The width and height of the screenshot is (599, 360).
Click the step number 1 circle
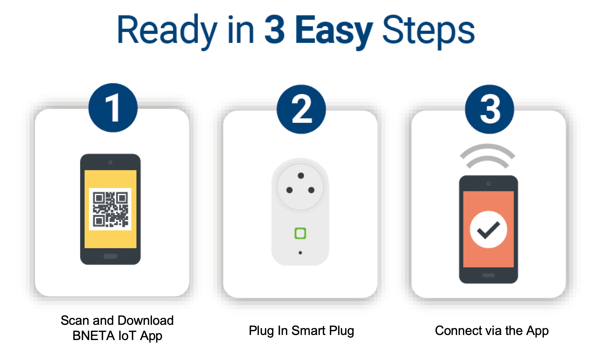(113, 108)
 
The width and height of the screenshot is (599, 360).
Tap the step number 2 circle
(301, 109)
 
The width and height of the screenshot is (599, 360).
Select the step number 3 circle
(489, 109)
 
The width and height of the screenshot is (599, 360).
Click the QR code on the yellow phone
(110, 209)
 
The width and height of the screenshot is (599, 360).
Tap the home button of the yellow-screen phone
(110, 256)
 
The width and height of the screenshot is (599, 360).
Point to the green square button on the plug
(300, 233)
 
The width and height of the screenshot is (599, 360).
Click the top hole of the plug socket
(301, 176)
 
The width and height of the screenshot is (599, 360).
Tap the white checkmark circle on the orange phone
(488, 229)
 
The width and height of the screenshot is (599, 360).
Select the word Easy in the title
(334, 31)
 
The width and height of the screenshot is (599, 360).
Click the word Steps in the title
(428, 31)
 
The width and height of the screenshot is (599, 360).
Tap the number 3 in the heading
(274, 30)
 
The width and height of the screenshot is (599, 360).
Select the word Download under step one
(146, 320)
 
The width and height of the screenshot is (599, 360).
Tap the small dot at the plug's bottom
(300, 253)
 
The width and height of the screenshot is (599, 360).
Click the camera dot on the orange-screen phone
(488, 184)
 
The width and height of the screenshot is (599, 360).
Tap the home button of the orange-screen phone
(488, 275)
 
